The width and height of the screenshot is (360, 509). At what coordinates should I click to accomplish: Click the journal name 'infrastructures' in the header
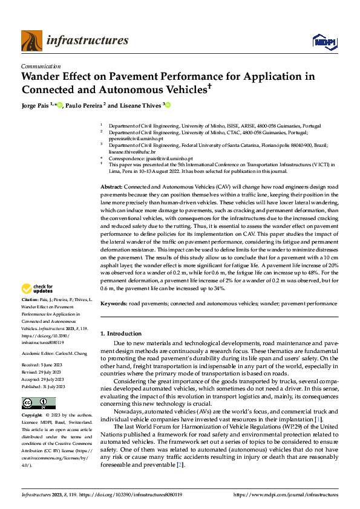tap(87, 41)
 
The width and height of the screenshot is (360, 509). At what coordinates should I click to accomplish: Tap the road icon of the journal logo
tap(31, 41)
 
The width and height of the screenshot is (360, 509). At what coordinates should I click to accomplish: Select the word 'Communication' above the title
tap(41, 66)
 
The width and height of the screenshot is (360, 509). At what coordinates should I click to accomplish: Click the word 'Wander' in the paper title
tap(44, 77)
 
